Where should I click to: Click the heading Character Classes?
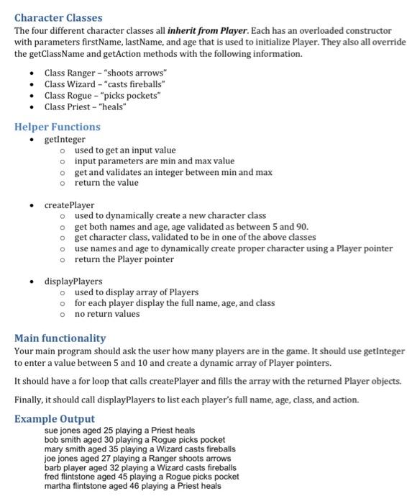[x=58, y=17]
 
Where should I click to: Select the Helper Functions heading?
[x=58, y=127]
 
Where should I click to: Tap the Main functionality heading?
[x=60, y=338]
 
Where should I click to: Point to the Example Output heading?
[x=55, y=418]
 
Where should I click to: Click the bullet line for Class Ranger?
[x=105, y=73]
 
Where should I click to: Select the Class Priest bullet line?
[x=86, y=107]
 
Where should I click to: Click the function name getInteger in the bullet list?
[x=65, y=139]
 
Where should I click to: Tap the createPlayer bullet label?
[x=69, y=205]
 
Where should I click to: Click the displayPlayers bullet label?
[x=73, y=281]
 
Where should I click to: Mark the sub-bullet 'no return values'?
[x=107, y=314]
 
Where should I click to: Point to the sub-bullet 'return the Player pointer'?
[x=124, y=259]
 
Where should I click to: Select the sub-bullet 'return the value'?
[x=106, y=182]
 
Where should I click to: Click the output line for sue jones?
[x=119, y=431]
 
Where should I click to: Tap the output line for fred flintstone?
[x=141, y=476]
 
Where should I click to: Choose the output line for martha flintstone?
[x=133, y=485]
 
